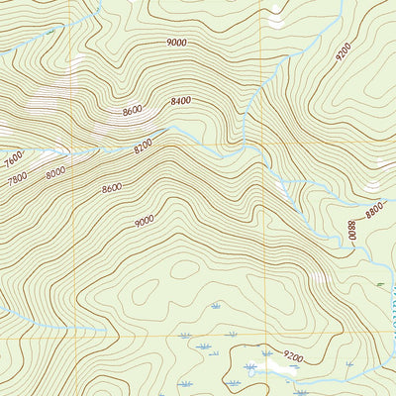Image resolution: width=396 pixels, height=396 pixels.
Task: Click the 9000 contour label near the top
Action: [x=177, y=43]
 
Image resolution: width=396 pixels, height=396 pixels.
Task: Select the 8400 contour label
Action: [x=181, y=101]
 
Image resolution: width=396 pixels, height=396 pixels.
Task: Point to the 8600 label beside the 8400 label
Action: [x=133, y=111]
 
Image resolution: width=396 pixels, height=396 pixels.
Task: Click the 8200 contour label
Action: [x=144, y=147]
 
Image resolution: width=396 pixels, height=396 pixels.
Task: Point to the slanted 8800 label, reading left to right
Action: [x=374, y=209]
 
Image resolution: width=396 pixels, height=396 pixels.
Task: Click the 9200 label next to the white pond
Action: [x=293, y=355]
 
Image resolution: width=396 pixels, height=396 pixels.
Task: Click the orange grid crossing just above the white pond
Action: [x=262, y=339]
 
